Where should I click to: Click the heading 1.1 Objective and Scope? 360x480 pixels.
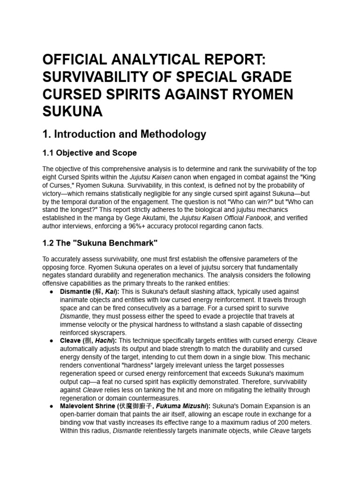pyautogui.click(x=90, y=153)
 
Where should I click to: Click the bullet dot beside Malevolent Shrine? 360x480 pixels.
pyautogui.click(x=51, y=406)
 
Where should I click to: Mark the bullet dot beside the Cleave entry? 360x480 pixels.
pyautogui.click(x=51, y=341)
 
